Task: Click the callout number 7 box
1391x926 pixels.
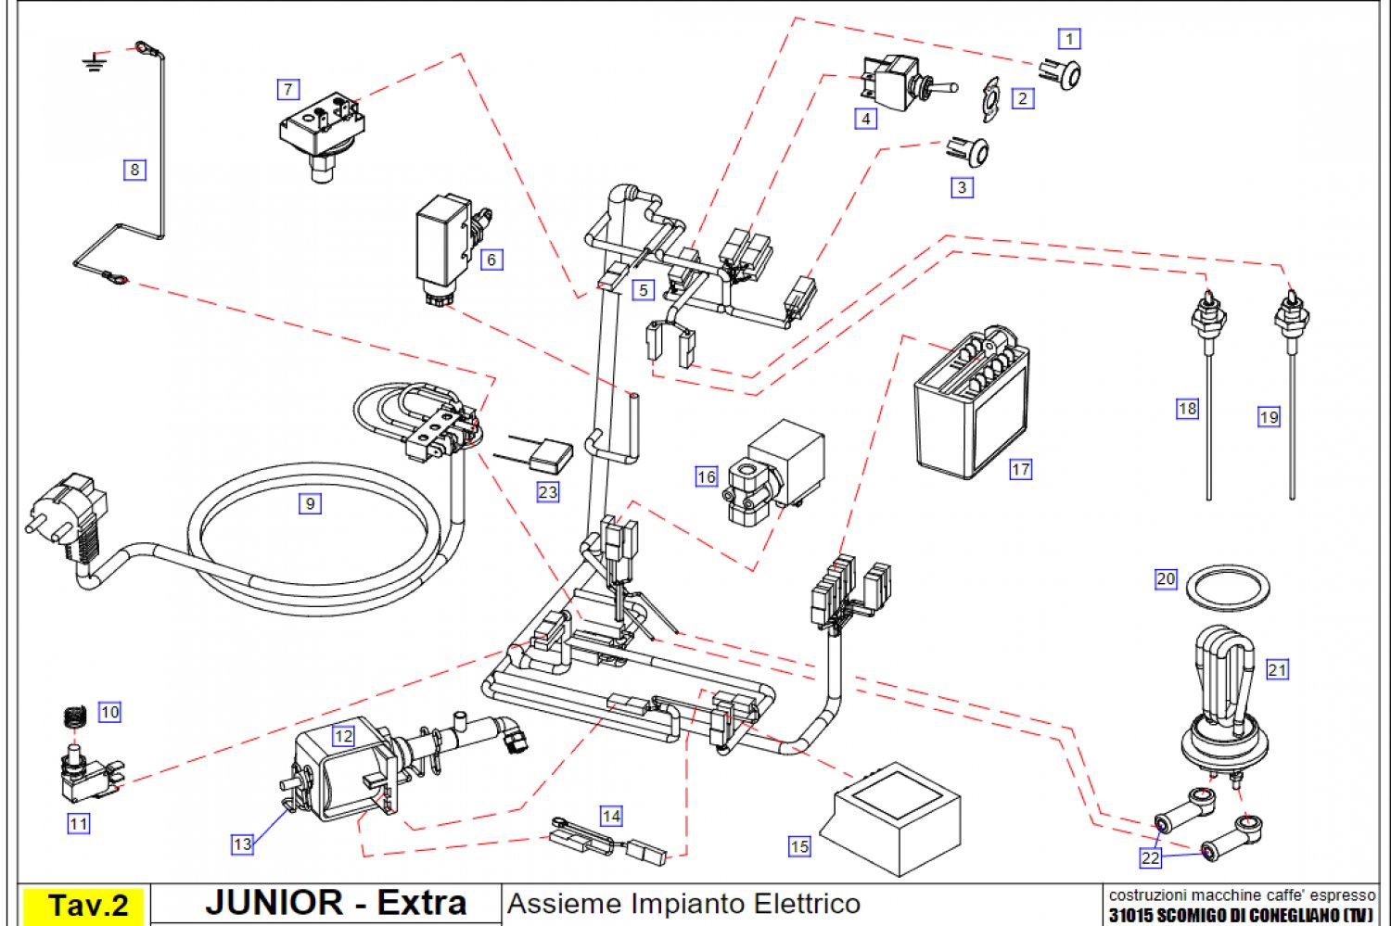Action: [288, 89]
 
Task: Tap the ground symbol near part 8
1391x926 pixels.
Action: [94, 63]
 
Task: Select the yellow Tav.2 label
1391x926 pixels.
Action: [87, 905]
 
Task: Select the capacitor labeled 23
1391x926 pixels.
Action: [550, 457]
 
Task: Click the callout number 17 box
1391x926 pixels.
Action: [1021, 469]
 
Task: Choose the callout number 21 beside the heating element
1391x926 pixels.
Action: [1277, 669]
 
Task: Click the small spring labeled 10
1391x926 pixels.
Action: [74, 717]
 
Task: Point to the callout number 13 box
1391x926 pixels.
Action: [242, 844]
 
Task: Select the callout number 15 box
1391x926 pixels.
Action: [799, 845]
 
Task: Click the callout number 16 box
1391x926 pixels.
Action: [707, 476]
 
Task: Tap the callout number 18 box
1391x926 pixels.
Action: [1187, 408]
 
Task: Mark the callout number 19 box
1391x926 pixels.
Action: [1269, 416]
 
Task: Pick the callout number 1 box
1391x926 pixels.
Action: [1069, 39]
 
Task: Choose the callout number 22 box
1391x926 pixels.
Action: [1151, 857]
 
